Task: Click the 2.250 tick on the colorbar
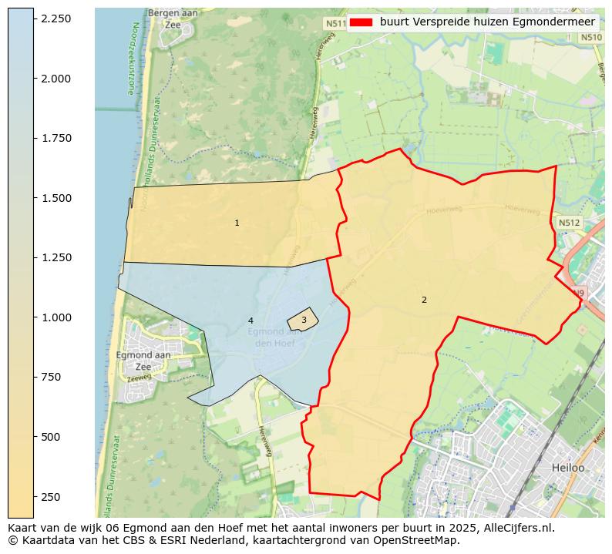[55, 18]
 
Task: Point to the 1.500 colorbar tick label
[55, 198]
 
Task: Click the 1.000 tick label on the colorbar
[55, 317]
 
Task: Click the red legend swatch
[361, 22]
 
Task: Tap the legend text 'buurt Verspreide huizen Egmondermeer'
[488, 22]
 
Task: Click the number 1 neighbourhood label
[237, 223]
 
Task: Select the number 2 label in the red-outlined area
[424, 300]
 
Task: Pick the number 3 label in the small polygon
[304, 320]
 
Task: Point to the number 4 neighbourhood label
[251, 321]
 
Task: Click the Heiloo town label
[568, 468]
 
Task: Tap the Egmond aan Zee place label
[143, 361]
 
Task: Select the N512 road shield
[569, 223]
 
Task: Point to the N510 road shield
[591, 37]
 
